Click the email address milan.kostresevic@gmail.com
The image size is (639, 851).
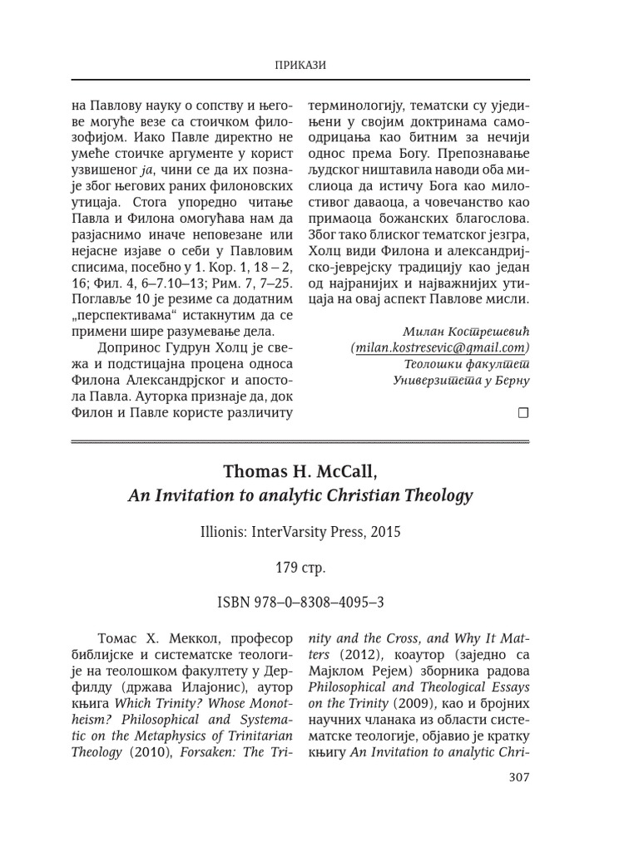pyautogui.click(x=440, y=347)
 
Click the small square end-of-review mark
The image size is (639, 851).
pyautogui.click(x=523, y=411)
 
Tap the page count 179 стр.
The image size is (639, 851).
pyautogui.click(x=300, y=569)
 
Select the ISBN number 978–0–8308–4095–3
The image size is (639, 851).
pyautogui.click(x=319, y=602)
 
